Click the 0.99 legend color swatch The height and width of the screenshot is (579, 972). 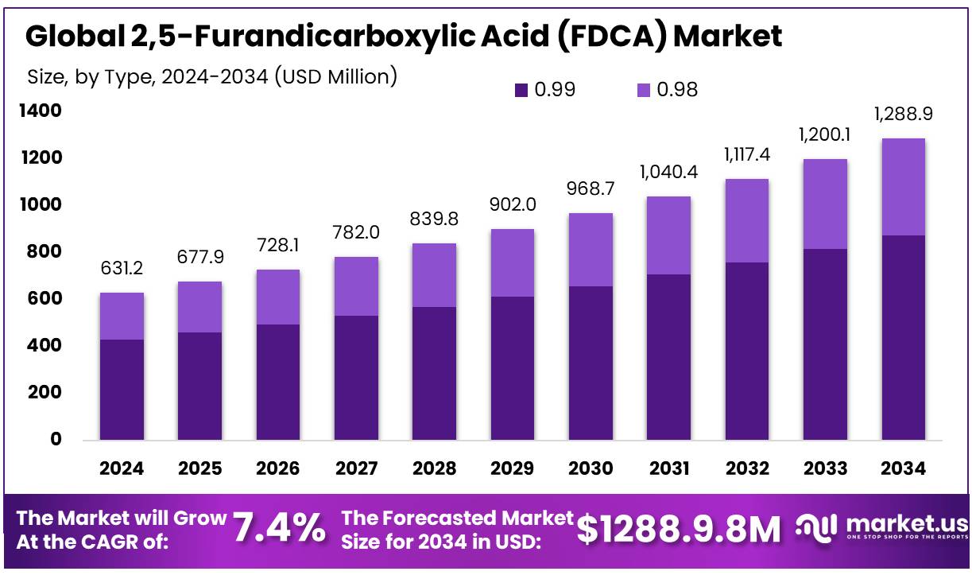[521, 90]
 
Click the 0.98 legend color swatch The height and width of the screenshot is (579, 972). [643, 90]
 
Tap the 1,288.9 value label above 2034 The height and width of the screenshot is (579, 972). [903, 115]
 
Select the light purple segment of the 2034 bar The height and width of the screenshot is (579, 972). [903, 187]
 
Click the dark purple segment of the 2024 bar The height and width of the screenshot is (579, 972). [122, 390]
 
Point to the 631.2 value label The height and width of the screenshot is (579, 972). [122, 269]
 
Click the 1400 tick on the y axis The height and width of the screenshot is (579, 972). [40, 111]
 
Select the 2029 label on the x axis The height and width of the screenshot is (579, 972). [513, 468]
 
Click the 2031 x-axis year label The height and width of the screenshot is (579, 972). [669, 468]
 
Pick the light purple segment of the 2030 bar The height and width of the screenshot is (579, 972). [591, 250]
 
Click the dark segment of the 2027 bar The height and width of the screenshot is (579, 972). [356, 378]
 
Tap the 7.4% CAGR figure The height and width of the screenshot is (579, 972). [279, 528]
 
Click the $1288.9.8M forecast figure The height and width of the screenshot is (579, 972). [680, 528]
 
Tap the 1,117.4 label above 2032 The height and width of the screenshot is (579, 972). [747, 154]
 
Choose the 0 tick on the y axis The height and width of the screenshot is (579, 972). [56, 439]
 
